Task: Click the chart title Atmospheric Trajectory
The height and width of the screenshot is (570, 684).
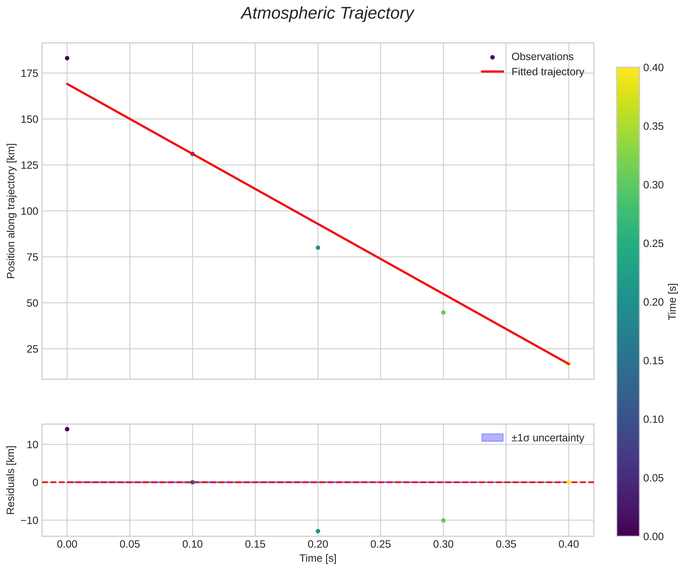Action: coord(327,14)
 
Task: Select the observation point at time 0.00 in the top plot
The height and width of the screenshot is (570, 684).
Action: coord(67,58)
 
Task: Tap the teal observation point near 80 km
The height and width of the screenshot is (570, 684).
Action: coord(318,248)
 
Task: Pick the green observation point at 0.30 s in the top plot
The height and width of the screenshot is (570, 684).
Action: coord(443,313)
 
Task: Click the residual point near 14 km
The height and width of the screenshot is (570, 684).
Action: coord(67,429)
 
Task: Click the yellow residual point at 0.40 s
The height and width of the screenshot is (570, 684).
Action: coord(569,482)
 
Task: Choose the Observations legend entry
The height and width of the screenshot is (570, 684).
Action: coord(542,57)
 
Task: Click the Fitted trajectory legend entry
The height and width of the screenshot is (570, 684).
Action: coord(548,72)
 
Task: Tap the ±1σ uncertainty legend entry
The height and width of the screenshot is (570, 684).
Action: coord(548,438)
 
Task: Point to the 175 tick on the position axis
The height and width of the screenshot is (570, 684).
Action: coord(30,73)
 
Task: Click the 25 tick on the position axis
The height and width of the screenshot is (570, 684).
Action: coord(32,349)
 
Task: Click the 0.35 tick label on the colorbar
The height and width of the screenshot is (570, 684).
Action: coord(653,126)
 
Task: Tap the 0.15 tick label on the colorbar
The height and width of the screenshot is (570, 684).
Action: coord(653,361)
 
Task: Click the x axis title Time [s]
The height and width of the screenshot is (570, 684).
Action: coord(318,558)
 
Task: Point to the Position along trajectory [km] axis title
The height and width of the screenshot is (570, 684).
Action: coord(11,211)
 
